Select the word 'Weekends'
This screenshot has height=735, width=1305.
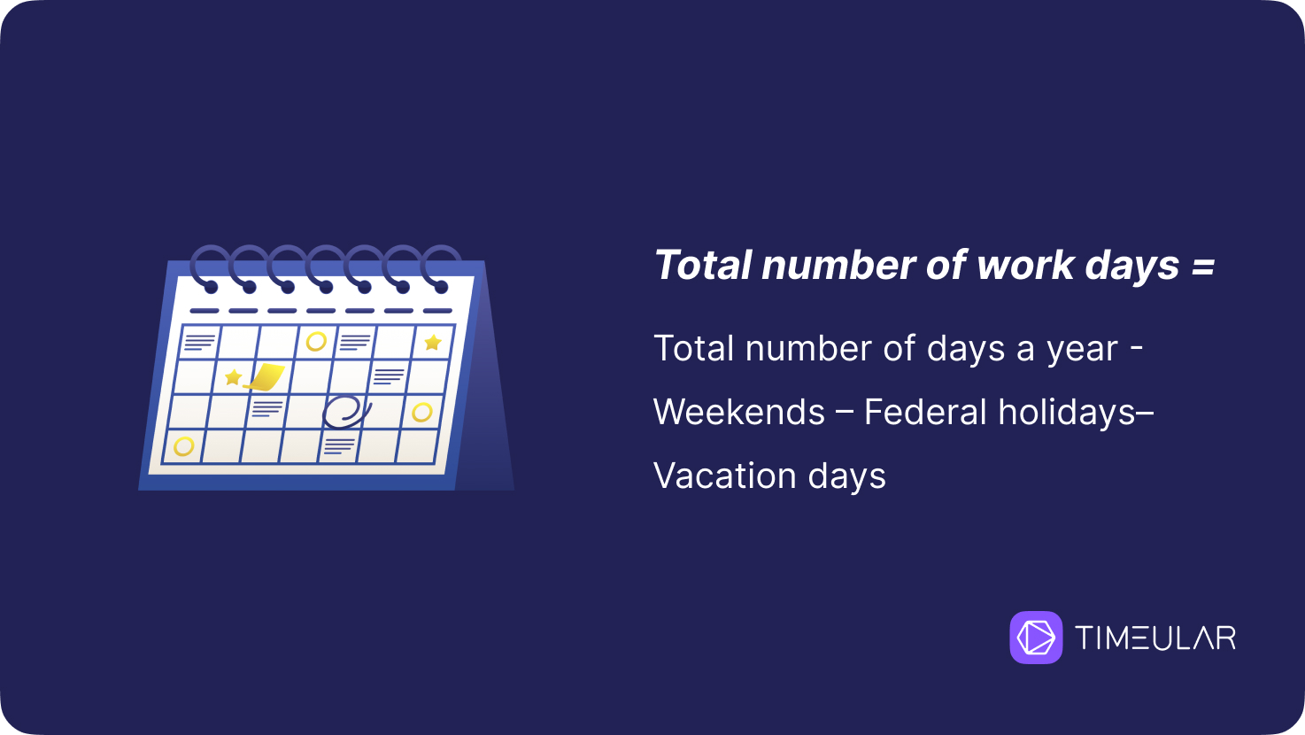(x=738, y=412)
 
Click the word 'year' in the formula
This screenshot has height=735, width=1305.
(x=1082, y=351)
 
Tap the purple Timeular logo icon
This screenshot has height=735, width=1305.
(x=1036, y=637)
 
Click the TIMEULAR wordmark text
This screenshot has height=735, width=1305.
(x=1155, y=638)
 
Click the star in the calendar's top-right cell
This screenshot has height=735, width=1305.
(x=433, y=342)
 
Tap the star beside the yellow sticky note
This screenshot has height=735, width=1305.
(x=233, y=377)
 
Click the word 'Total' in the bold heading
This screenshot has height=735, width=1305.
(x=703, y=265)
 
